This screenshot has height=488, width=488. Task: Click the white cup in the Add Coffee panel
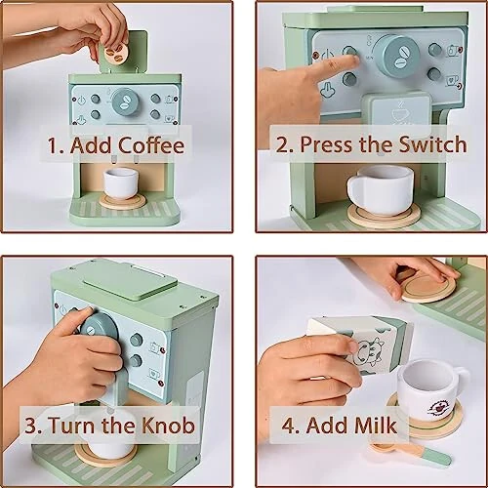tap(122, 182)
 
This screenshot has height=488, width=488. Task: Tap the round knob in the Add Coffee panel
tap(125, 100)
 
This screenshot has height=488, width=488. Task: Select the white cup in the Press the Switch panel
tap(382, 187)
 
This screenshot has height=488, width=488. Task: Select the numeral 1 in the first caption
tap(56, 147)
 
